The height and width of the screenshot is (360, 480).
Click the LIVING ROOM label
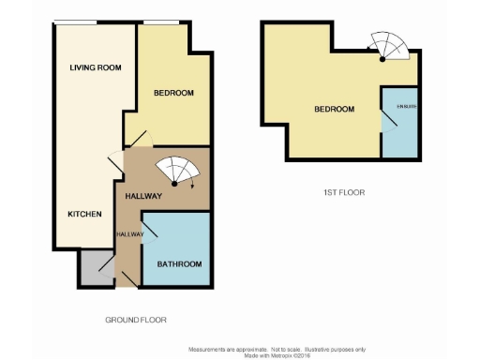97,67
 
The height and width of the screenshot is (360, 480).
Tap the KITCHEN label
84,214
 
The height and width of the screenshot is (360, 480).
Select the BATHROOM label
179,263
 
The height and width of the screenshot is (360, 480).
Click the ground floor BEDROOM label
174,92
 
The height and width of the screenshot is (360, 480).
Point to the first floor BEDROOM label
334,110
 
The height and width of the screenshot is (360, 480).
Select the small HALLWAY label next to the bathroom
129,233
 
